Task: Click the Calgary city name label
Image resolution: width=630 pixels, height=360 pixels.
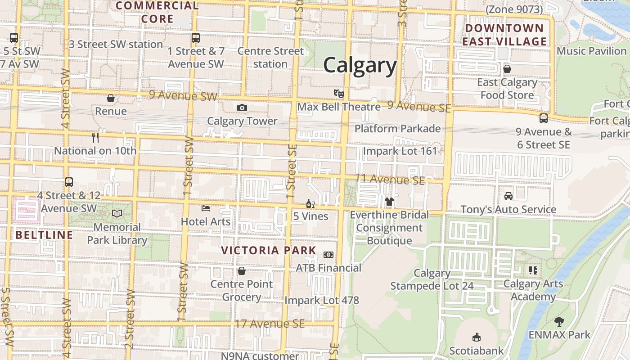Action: tap(360, 65)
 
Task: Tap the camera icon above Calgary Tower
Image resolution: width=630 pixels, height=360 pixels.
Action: tap(242, 108)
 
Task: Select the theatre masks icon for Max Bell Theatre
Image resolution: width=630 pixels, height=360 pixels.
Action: tap(339, 94)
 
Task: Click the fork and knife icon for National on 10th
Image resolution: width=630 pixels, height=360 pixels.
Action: tap(95, 137)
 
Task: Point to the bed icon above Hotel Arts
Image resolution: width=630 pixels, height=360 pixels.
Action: tap(206, 208)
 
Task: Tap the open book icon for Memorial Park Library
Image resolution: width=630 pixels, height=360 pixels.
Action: tap(117, 213)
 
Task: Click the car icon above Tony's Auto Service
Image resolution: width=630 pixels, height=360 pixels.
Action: tap(508, 196)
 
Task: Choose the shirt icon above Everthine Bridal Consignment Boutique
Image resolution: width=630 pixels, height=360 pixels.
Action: tap(389, 202)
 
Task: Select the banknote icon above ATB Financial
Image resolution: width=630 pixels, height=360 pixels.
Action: tap(328, 255)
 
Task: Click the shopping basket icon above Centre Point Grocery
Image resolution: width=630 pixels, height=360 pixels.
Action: tap(242, 271)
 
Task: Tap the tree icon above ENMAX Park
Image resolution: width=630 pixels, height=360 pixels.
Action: tap(559, 321)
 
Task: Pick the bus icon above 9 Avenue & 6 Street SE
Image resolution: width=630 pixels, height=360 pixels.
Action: tap(544, 118)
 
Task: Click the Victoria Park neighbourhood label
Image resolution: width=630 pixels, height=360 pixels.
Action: tap(269, 251)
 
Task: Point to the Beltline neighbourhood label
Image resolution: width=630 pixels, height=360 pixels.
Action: tap(44, 235)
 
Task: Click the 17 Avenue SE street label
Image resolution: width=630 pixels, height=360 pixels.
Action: tap(270, 324)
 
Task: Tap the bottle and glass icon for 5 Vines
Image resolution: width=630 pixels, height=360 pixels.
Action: tap(310, 204)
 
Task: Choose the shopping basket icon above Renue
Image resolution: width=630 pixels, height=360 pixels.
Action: tap(111, 98)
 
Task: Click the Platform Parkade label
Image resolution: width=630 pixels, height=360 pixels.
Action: tap(397, 129)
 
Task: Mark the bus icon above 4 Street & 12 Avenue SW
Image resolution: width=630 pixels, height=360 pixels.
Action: tap(69, 182)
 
